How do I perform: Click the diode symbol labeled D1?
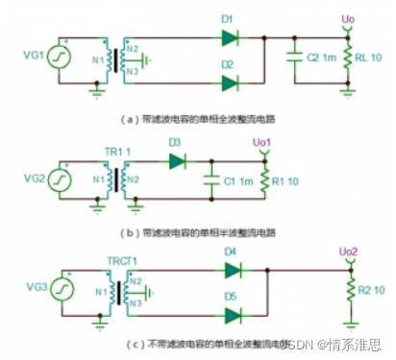click(x=229, y=37)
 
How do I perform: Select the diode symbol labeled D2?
click(x=229, y=84)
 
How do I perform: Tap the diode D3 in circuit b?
click(x=176, y=161)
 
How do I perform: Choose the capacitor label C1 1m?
click(x=235, y=179)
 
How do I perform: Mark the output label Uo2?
click(x=353, y=252)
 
